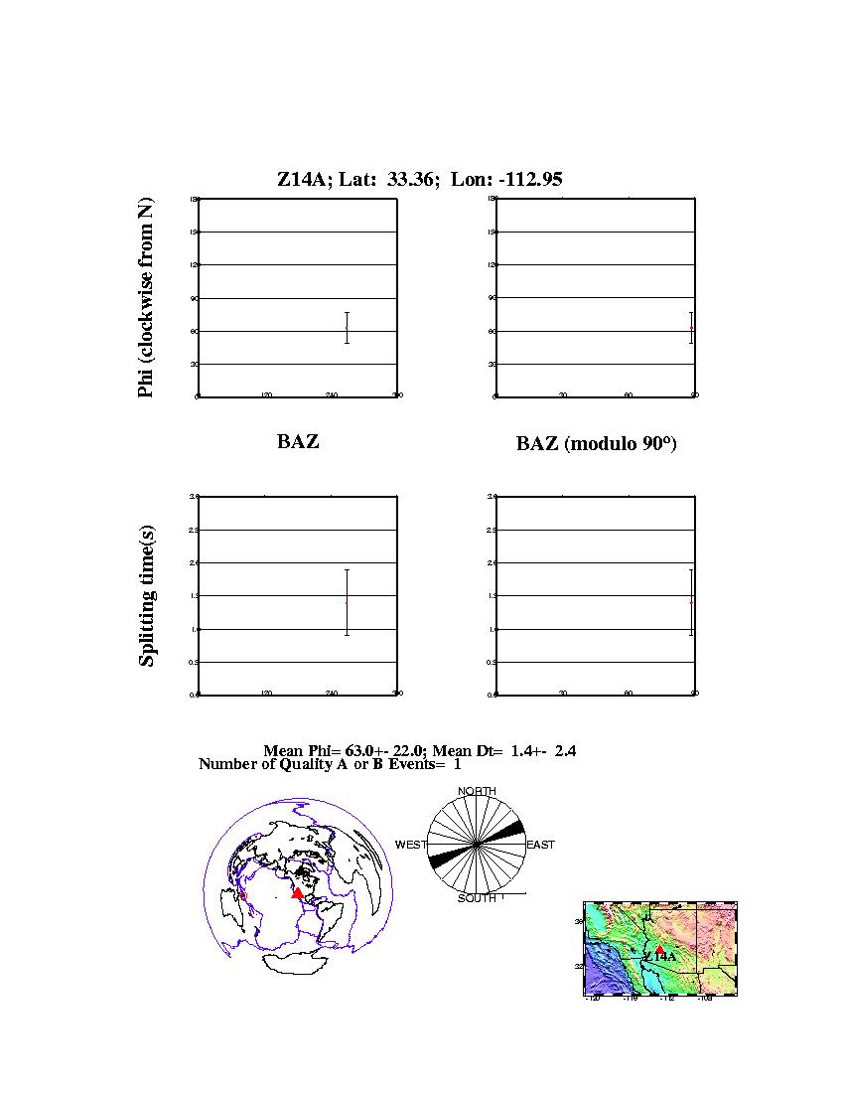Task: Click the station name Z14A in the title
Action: pos(297,179)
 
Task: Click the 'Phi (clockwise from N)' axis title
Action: pos(146,298)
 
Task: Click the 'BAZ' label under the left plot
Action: pos(298,442)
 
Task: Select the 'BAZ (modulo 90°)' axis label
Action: pos(596,444)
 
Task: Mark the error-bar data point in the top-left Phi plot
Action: pos(347,328)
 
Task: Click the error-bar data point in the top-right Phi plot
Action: pos(691,328)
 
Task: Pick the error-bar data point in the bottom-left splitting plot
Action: pos(347,601)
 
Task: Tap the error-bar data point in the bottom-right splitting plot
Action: pos(691,601)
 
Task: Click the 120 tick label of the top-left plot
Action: pos(266,395)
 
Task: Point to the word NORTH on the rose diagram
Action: pos(478,791)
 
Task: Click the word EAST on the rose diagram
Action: pos(540,845)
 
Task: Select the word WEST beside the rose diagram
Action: pos(411,845)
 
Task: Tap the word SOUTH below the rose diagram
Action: pos(478,898)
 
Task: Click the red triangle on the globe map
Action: pos(297,893)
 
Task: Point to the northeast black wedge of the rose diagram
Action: pos(507,831)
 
